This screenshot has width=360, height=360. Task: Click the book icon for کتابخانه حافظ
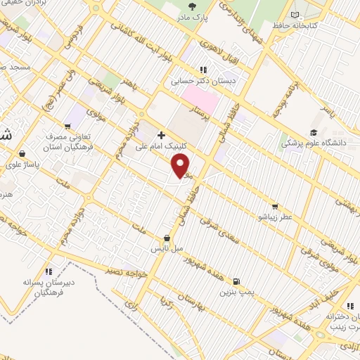point(295,14)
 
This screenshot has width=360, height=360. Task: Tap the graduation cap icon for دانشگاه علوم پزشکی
point(314,131)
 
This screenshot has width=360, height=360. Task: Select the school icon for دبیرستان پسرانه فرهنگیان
point(49,271)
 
